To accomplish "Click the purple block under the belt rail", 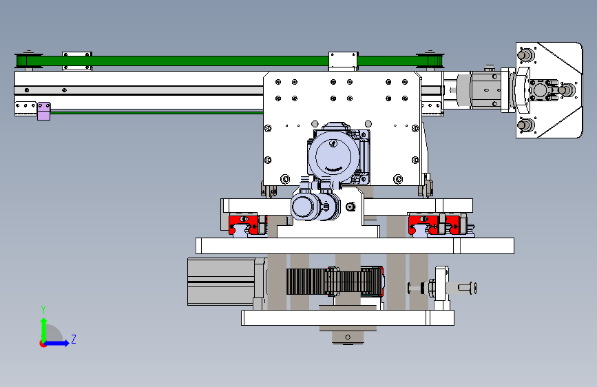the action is pos(44,111).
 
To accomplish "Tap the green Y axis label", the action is pos(43,309).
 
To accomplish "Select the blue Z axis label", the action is pos(74,339).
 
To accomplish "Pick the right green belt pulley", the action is pos(431,61).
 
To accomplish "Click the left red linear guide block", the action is pos(244,224).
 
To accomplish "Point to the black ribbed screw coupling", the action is pos(334,282).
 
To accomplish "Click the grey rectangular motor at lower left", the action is pos(222,282).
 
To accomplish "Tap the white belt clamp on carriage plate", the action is pos(343,61).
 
